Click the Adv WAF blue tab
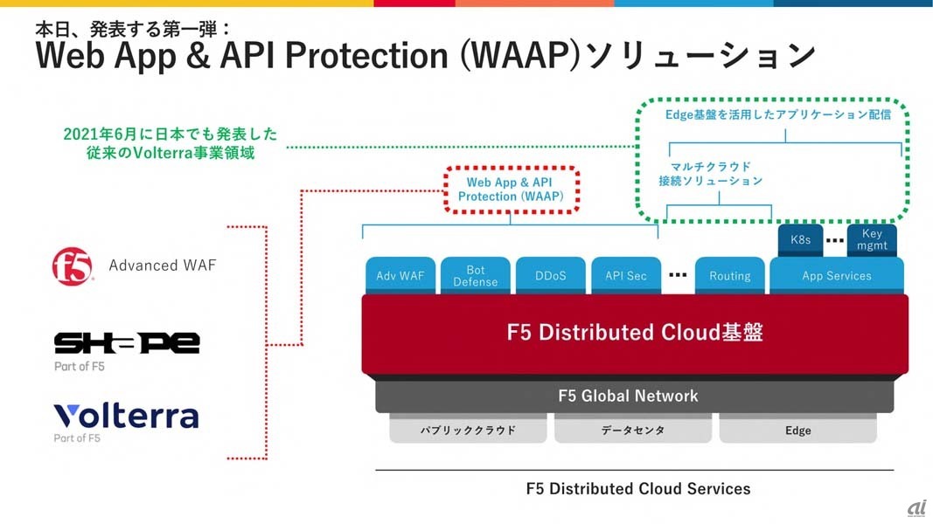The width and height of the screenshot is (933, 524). click(x=400, y=275)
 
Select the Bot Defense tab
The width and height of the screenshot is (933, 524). click(x=475, y=275)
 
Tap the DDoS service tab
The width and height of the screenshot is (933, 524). click(x=551, y=275)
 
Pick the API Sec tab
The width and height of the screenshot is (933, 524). click(x=626, y=275)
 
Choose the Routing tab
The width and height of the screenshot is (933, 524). click(x=729, y=275)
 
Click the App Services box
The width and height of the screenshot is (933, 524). click(x=836, y=275)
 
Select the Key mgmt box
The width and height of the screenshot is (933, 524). click(x=872, y=239)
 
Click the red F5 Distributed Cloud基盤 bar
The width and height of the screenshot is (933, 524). click(x=635, y=333)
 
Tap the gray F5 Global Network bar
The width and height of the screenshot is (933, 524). click(x=635, y=396)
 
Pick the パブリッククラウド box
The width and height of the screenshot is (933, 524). click(x=468, y=430)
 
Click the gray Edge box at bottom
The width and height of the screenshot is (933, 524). click(x=797, y=430)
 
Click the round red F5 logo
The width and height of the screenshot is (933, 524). click(x=73, y=265)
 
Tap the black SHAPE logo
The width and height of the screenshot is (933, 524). click(x=127, y=342)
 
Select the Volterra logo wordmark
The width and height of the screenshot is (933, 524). click(x=126, y=416)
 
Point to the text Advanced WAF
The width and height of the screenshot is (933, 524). click(x=162, y=265)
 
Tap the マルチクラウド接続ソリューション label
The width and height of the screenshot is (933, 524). click(x=711, y=173)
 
